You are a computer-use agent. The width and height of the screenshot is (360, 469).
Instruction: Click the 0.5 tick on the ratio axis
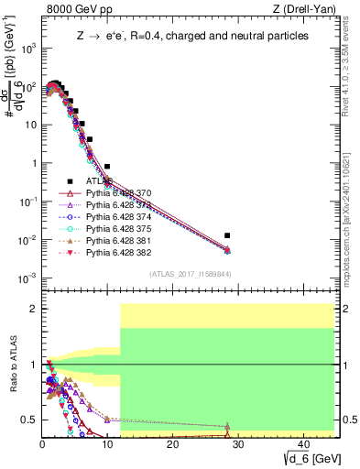(x=32, y=420)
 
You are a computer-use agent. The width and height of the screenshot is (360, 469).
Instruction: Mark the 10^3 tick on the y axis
(x=29, y=49)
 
